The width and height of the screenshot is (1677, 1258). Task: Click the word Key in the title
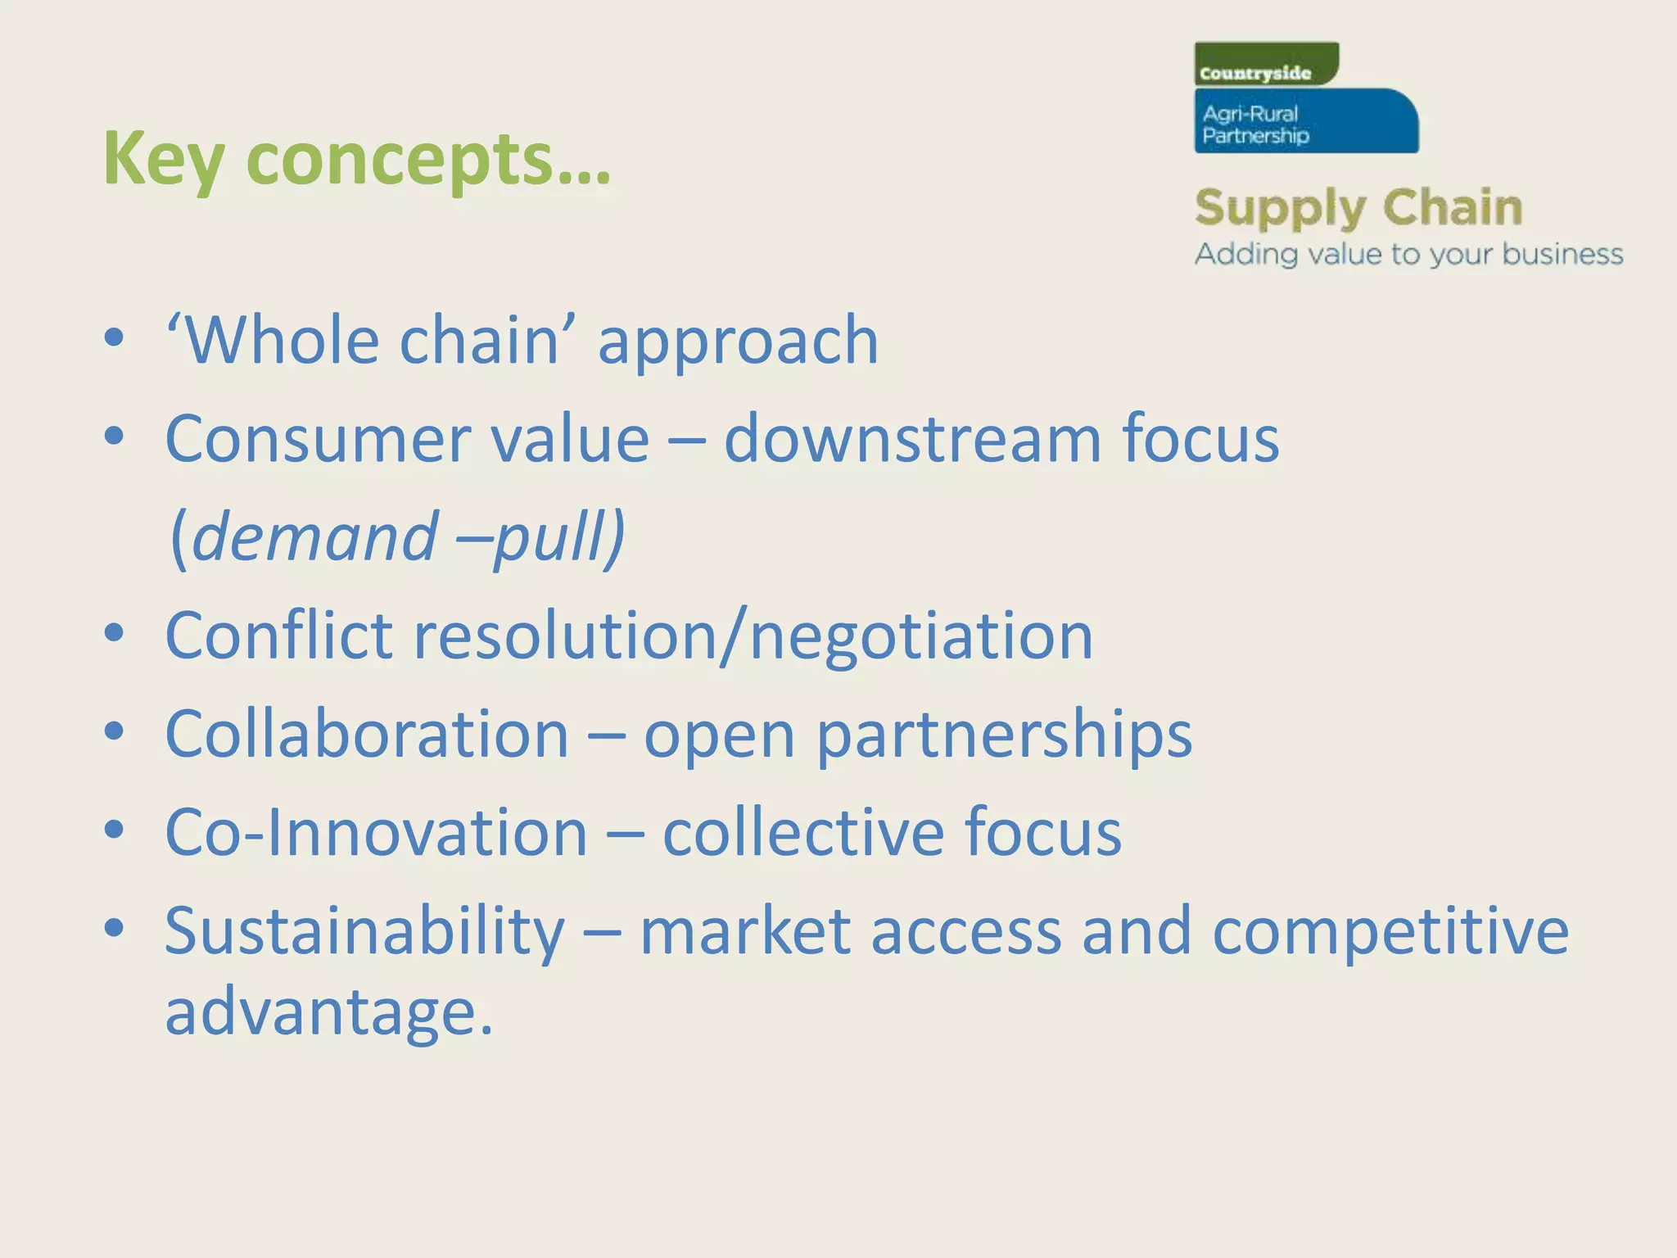click(163, 160)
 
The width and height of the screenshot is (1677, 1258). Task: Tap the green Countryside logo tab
click(1265, 65)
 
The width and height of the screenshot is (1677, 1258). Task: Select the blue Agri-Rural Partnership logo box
click(1305, 122)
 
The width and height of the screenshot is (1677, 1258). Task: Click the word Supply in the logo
click(1277, 209)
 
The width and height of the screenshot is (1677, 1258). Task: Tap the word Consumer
click(314, 439)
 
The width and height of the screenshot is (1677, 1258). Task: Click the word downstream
click(912, 439)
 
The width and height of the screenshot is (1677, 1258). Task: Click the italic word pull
click(553, 537)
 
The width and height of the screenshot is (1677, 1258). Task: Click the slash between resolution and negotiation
click(734, 636)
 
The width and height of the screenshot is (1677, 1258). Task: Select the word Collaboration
click(367, 734)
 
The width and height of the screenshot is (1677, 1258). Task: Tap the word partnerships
click(1004, 735)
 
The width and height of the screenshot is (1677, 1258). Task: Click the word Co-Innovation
click(376, 832)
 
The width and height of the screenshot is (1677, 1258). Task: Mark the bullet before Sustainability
click(114, 928)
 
